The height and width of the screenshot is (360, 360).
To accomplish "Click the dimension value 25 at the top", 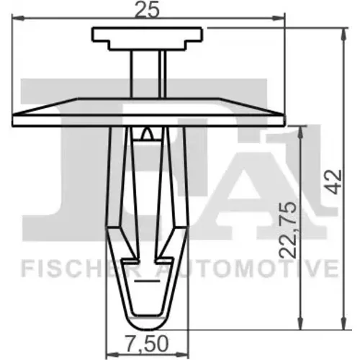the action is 147,10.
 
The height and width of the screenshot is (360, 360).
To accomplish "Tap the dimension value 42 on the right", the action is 335,182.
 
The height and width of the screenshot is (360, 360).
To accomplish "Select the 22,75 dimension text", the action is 287,230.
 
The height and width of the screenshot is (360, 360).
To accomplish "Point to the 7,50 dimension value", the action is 147,343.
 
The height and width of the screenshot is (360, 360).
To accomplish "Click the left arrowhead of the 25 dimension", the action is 18,18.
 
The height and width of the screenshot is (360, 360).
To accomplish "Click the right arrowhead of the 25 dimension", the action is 278,18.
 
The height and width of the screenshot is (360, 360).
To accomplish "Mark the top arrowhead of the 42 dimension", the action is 344,34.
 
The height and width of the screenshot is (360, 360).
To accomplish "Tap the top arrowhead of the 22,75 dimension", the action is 300,132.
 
